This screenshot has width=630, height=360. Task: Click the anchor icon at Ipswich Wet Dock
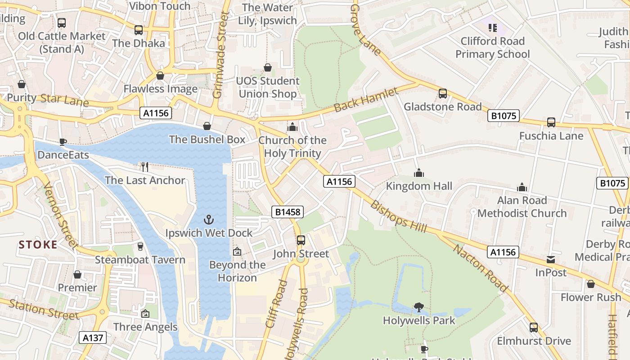(x=208, y=220)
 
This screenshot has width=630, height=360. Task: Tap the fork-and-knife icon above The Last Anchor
(x=145, y=167)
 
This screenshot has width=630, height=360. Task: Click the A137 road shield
(x=93, y=337)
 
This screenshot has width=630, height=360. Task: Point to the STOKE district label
(x=38, y=245)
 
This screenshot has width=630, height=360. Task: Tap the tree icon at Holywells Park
(x=419, y=307)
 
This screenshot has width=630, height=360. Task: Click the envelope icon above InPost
(x=551, y=260)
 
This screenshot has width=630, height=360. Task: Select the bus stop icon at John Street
(x=301, y=240)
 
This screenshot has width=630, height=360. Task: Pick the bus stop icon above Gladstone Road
(x=443, y=94)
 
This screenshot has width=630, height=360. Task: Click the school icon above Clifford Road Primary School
(x=493, y=28)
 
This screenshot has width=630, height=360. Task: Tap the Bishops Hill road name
(x=398, y=216)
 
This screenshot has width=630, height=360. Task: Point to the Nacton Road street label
(x=480, y=268)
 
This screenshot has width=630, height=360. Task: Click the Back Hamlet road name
(x=366, y=100)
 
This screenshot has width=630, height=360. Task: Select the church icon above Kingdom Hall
(x=419, y=173)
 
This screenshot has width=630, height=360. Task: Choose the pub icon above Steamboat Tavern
(x=140, y=247)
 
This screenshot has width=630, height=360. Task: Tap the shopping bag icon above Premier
(x=77, y=274)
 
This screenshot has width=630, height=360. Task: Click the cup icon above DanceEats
(x=63, y=142)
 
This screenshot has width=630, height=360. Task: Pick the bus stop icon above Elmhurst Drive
(x=534, y=328)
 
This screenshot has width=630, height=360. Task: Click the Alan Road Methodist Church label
(x=522, y=207)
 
